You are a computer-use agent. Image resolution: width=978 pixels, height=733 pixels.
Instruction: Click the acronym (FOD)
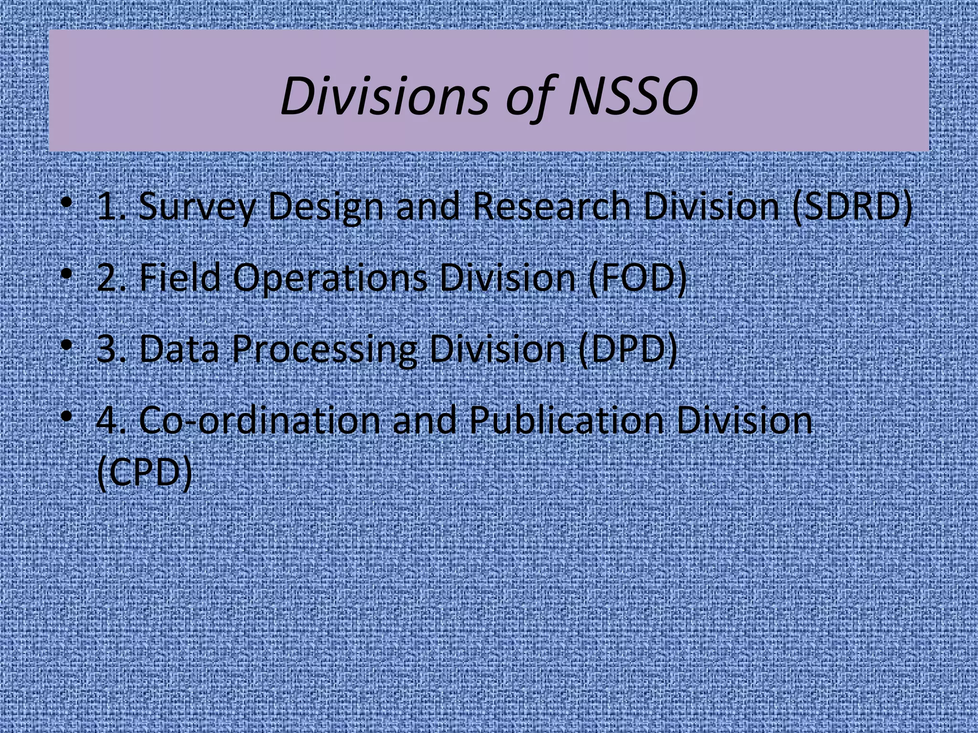click(637, 278)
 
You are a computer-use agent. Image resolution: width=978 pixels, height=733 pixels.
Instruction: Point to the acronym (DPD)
click(627, 349)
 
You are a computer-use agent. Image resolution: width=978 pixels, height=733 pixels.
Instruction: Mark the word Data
click(179, 349)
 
